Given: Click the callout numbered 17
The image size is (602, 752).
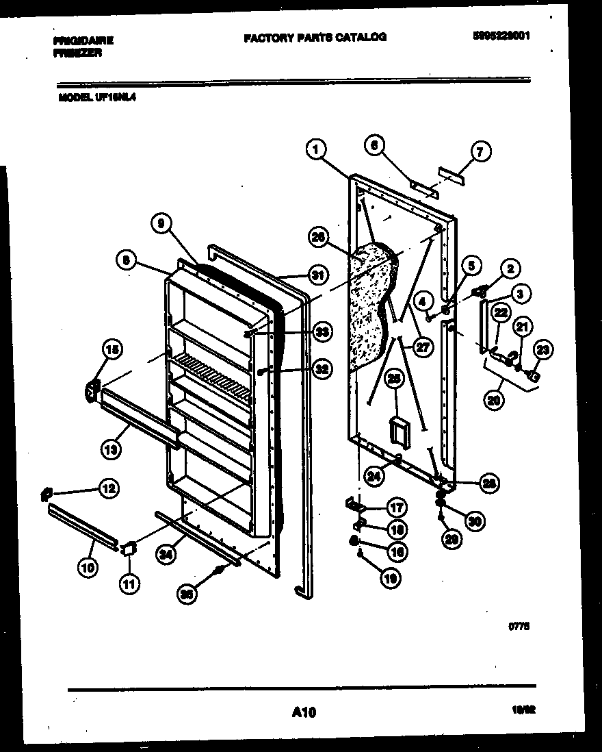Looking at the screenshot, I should pyautogui.click(x=396, y=508).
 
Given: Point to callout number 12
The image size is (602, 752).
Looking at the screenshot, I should pyautogui.click(x=108, y=488).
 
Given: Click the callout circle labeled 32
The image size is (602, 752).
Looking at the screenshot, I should pyautogui.click(x=322, y=369).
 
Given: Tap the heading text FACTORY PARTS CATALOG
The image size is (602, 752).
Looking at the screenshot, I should pyautogui.click(x=315, y=37).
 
